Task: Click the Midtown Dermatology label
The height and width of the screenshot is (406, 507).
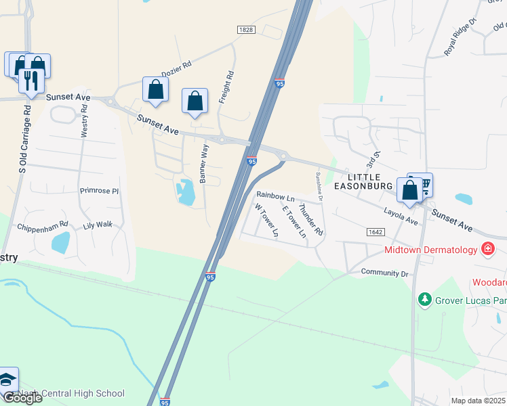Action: (x=431, y=250)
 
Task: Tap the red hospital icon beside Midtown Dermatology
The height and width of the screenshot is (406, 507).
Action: (x=487, y=250)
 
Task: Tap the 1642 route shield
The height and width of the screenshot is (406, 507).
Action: (x=376, y=231)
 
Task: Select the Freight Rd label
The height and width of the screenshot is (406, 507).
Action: (x=226, y=87)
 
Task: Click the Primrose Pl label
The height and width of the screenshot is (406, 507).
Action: (x=99, y=191)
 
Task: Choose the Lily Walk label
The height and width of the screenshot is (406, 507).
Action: (x=98, y=224)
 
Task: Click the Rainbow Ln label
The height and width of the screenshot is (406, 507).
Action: (x=275, y=196)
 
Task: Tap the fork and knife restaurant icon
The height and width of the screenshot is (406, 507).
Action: (x=31, y=81)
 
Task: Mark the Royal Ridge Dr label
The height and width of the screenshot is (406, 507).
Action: (x=461, y=41)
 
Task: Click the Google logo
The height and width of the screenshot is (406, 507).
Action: (x=22, y=398)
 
